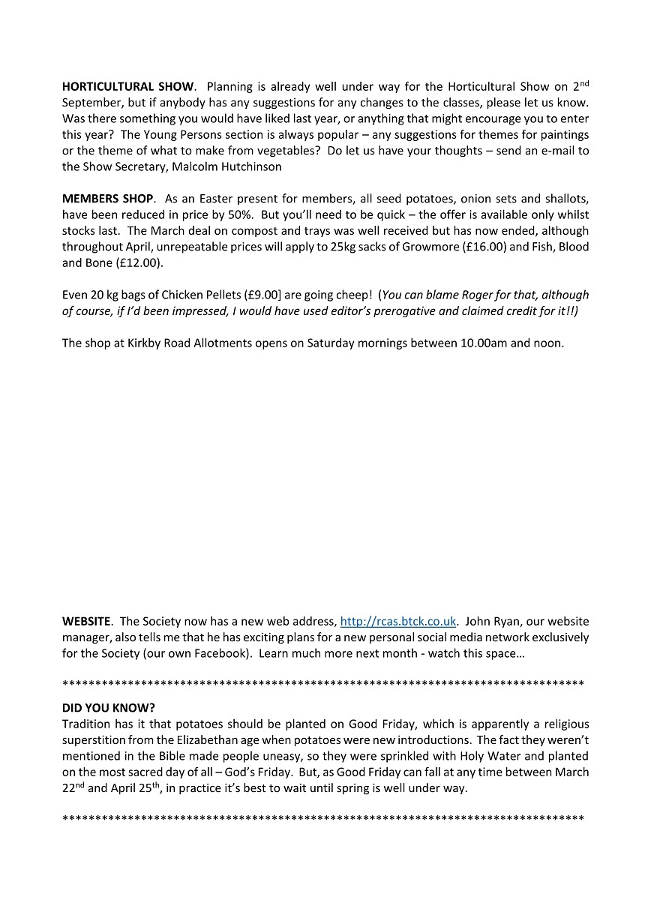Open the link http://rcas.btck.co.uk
tap(398, 621)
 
